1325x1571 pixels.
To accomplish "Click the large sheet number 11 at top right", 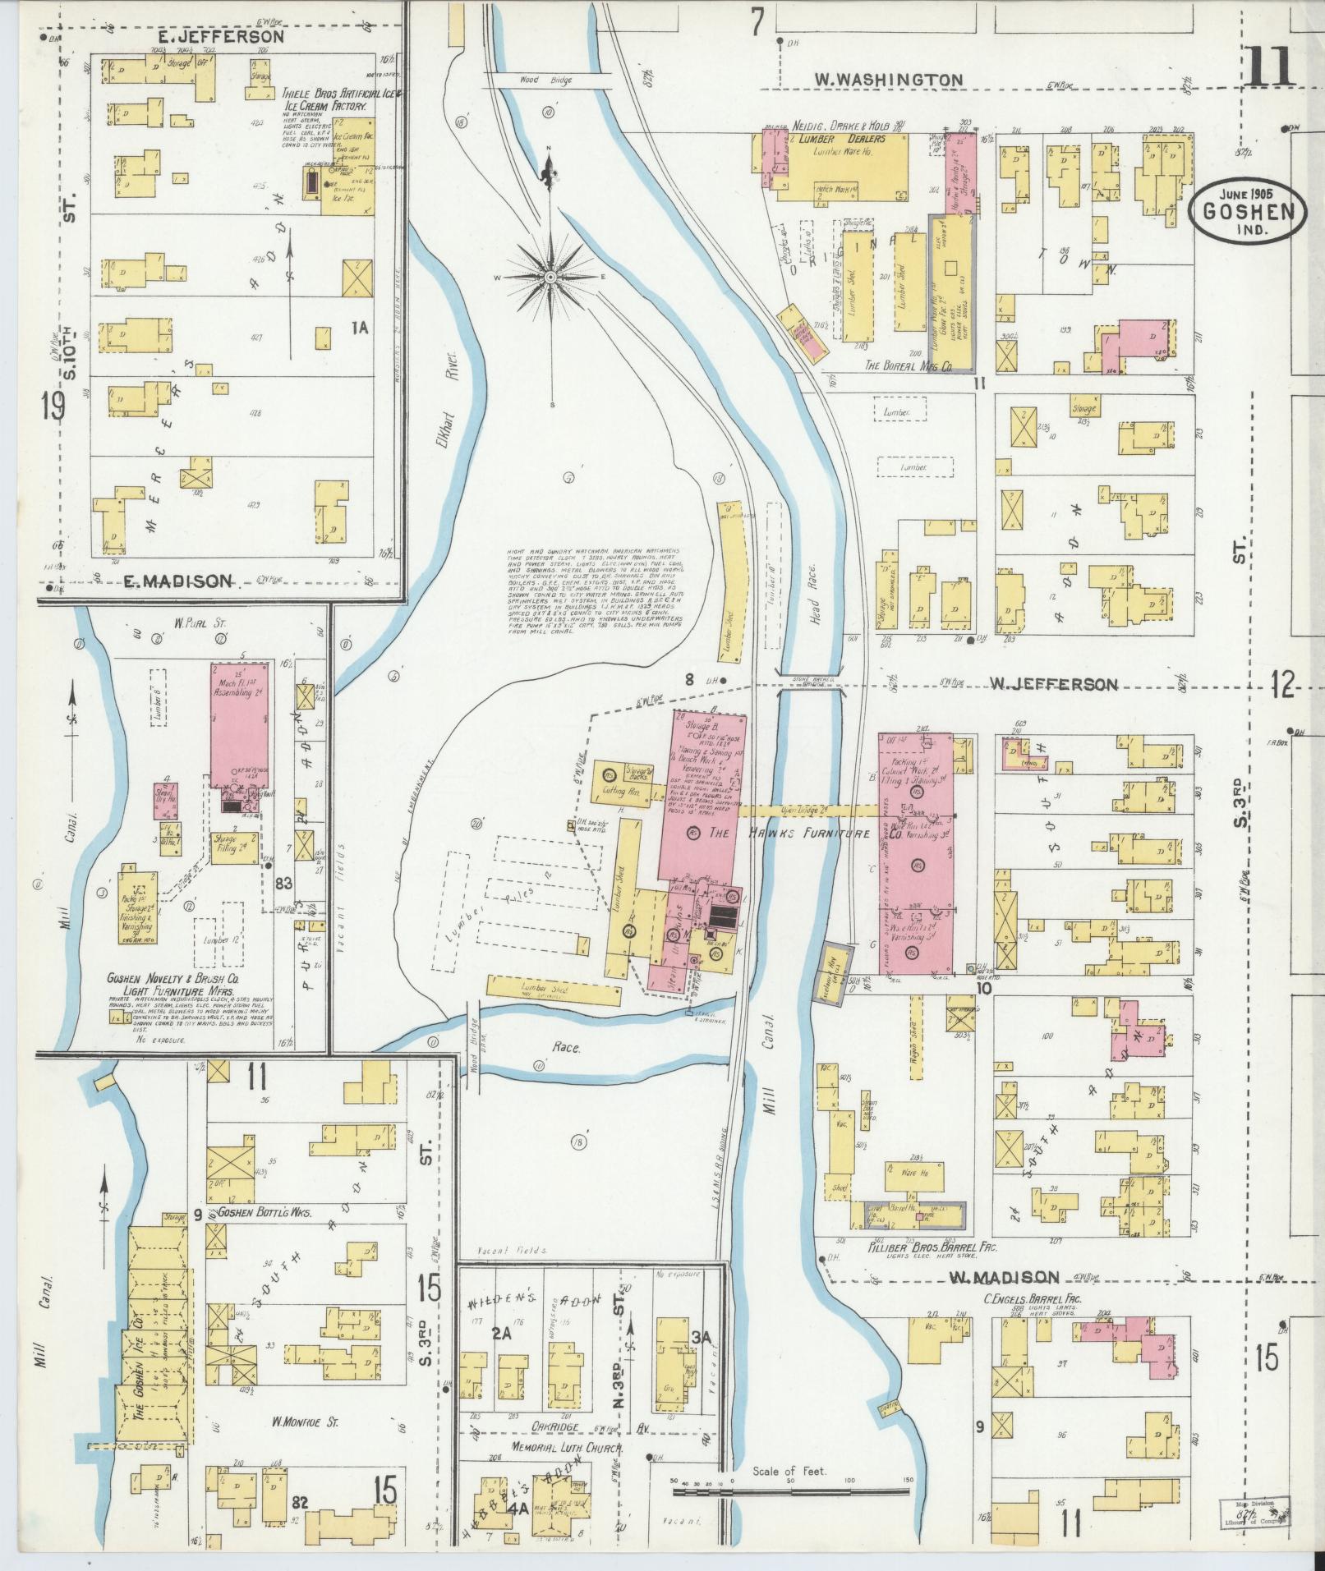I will click(1270, 68).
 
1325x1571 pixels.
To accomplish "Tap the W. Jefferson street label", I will click(1053, 684).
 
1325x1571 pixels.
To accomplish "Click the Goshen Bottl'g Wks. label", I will click(264, 1211).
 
